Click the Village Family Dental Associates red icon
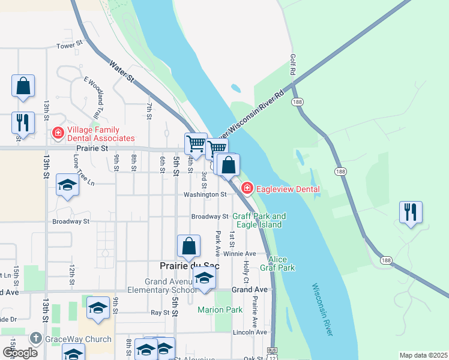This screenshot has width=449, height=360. point(58,133)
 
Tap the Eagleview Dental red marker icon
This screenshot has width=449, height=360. point(247,189)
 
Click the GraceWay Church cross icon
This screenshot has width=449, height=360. point(35,339)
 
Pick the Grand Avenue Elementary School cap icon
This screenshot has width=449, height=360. point(204,278)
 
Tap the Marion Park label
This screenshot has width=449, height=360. point(220,310)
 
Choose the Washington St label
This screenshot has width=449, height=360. point(205,194)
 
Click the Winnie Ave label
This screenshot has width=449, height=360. point(240,254)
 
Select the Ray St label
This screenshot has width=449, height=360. point(160,313)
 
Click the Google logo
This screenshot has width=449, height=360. point(20,353)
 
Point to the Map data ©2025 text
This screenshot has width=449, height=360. point(423,355)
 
